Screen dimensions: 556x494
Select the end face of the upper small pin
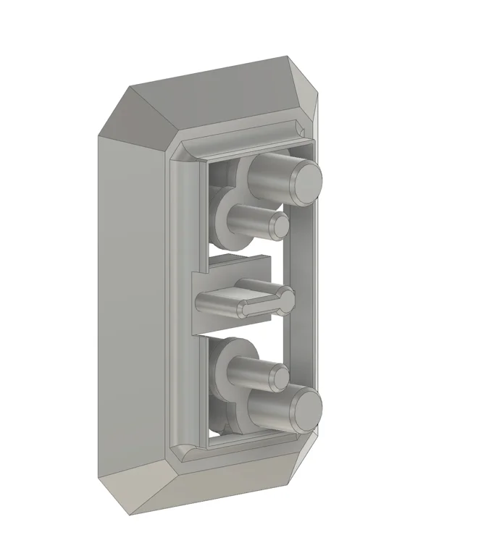[x=279, y=224]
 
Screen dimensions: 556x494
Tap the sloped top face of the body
[x=225, y=101]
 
